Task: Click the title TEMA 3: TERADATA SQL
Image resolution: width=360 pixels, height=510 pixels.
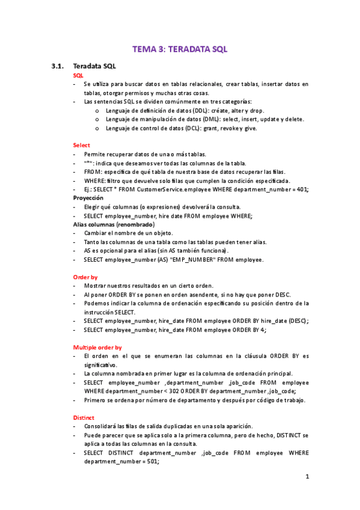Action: [180, 50]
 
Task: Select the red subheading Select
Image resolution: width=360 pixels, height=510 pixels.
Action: [81, 145]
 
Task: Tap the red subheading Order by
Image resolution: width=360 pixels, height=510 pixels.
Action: [85, 277]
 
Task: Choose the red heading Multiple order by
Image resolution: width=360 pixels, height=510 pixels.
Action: [97, 347]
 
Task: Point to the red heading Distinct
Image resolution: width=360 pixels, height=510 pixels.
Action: [84, 417]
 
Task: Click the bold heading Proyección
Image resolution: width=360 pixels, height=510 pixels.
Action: [88, 197]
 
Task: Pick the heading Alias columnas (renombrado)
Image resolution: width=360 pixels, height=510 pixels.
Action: [114, 224]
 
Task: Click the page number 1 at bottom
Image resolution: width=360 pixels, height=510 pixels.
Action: [307, 477]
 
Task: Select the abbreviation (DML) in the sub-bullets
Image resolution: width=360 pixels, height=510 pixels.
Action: [212, 119]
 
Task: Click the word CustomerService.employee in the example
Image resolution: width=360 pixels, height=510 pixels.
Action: [170, 189]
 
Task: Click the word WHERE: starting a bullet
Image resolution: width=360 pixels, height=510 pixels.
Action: [94, 180]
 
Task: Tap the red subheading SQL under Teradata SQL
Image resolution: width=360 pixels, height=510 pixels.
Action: [78, 75]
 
